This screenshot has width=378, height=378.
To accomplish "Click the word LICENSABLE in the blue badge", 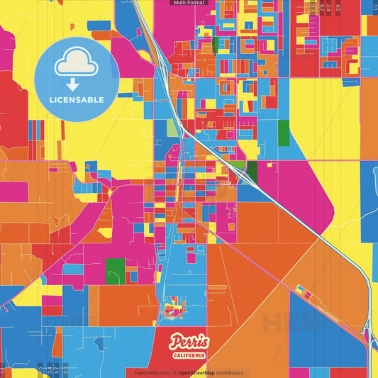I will [x=77, y=99].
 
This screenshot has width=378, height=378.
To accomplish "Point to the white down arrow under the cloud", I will [x=76, y=84].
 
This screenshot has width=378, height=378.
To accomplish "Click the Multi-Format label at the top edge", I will [x=189, y=3].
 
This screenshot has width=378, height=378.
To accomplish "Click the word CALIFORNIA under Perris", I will [x=189, y=355].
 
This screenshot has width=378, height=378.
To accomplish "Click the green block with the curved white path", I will [x=115, y=271].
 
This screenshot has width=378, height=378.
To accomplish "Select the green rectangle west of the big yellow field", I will [x=283, y=132].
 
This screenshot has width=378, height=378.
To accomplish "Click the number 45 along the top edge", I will [x=338, y=7].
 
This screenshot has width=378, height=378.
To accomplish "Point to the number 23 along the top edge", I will [x=313, y=7].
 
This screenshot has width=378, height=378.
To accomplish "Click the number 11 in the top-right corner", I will [x=374, y=7].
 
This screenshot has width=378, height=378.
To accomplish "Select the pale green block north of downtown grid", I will [x=172, y=128].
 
